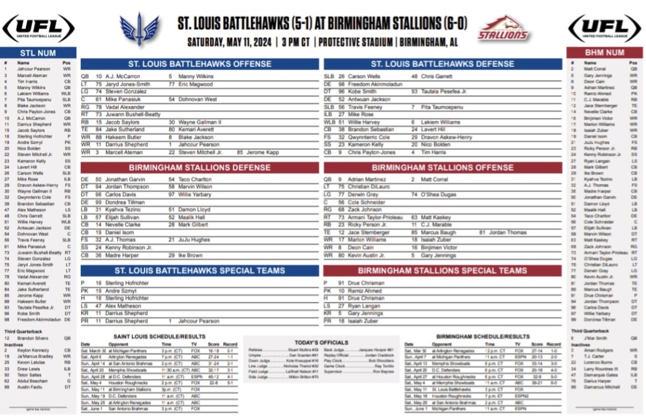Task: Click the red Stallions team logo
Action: pos(503,29)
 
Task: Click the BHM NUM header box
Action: pos(605,53)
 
